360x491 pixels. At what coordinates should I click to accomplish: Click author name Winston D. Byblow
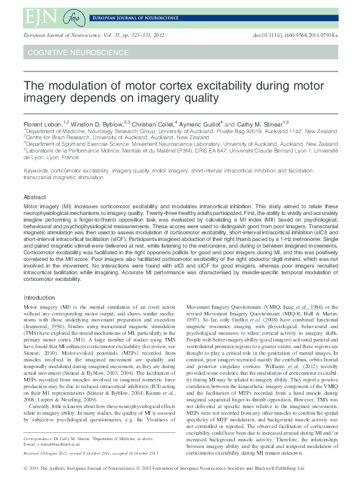(x=97, y=124)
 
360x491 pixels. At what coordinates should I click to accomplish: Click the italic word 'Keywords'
(x=36, y=172)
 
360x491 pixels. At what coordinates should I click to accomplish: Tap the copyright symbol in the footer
(x=25, y=484)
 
